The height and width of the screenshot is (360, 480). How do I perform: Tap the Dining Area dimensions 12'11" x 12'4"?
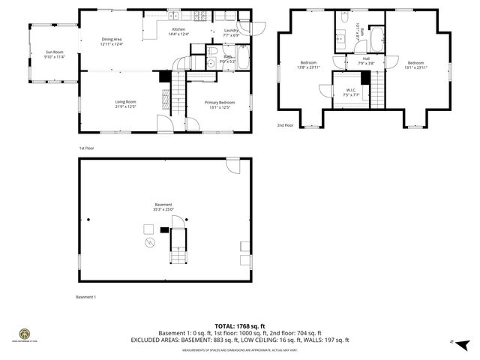point(112,44)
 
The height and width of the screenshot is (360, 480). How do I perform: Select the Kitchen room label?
point(178,29)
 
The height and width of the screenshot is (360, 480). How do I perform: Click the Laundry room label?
point(230,30)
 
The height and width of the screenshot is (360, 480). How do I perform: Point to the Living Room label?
point(125,102)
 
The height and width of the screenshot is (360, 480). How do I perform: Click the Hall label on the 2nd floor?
point(366,58)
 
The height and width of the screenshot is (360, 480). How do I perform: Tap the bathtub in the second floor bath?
point(377,34)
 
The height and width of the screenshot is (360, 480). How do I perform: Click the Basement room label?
point(163,205)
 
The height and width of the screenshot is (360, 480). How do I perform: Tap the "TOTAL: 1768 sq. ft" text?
point(240,325)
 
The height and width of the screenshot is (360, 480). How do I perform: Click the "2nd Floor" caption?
point(286,125)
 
